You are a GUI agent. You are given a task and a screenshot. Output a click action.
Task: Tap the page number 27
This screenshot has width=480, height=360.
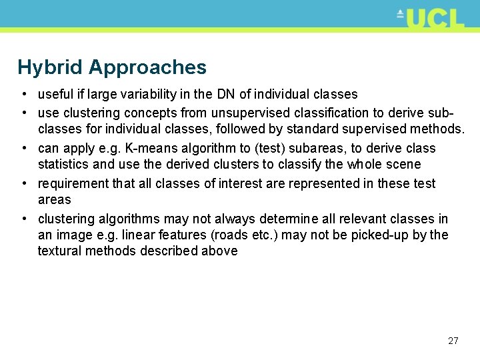(453, 341)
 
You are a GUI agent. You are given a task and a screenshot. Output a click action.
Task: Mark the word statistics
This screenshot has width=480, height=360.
(63, 164)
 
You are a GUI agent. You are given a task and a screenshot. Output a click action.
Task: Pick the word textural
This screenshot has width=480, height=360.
(59, 251)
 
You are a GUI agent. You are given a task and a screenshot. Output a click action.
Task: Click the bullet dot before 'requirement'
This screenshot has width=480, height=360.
(23, 183)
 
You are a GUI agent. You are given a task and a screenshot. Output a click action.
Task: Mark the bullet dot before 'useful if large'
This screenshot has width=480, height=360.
(23, 95)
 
